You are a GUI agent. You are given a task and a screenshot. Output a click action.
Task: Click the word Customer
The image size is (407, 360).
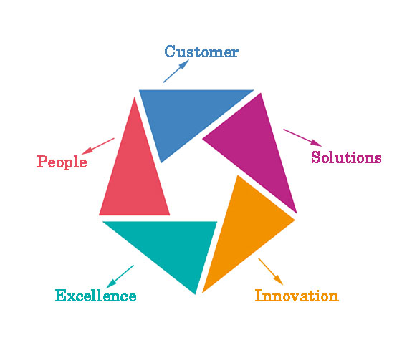tap(201, 52)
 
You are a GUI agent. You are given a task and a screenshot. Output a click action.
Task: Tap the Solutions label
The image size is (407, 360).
tap(346, 157)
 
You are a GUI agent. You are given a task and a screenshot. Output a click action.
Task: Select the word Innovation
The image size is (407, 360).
tap(297, 296)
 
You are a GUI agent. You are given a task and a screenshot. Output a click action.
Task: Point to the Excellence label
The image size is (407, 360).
tap(95, 296)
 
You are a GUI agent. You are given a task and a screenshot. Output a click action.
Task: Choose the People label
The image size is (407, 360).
tap(62, 162)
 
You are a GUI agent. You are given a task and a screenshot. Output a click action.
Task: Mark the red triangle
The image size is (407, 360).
tap(135, 176)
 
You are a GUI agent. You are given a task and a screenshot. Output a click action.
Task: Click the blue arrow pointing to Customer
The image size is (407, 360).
tap(176, 72)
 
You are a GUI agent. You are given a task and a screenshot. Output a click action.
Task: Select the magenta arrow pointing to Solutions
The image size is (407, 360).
tap(302, 137)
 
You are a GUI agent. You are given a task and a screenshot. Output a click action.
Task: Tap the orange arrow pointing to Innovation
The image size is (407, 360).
tap(270, 271)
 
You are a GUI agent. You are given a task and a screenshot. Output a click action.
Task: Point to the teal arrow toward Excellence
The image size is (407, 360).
tap(120, 276)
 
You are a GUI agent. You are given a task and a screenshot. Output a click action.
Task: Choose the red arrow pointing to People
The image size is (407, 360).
tap(98, 146)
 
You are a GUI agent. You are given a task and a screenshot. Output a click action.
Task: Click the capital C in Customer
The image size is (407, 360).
tap(170, 51)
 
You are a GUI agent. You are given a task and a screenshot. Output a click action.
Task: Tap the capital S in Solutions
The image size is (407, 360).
tap(315, 157)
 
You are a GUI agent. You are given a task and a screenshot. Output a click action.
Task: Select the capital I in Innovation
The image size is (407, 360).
tap(259, 296)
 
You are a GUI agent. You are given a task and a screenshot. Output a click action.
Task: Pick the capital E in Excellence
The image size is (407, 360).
tap(60, 296)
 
